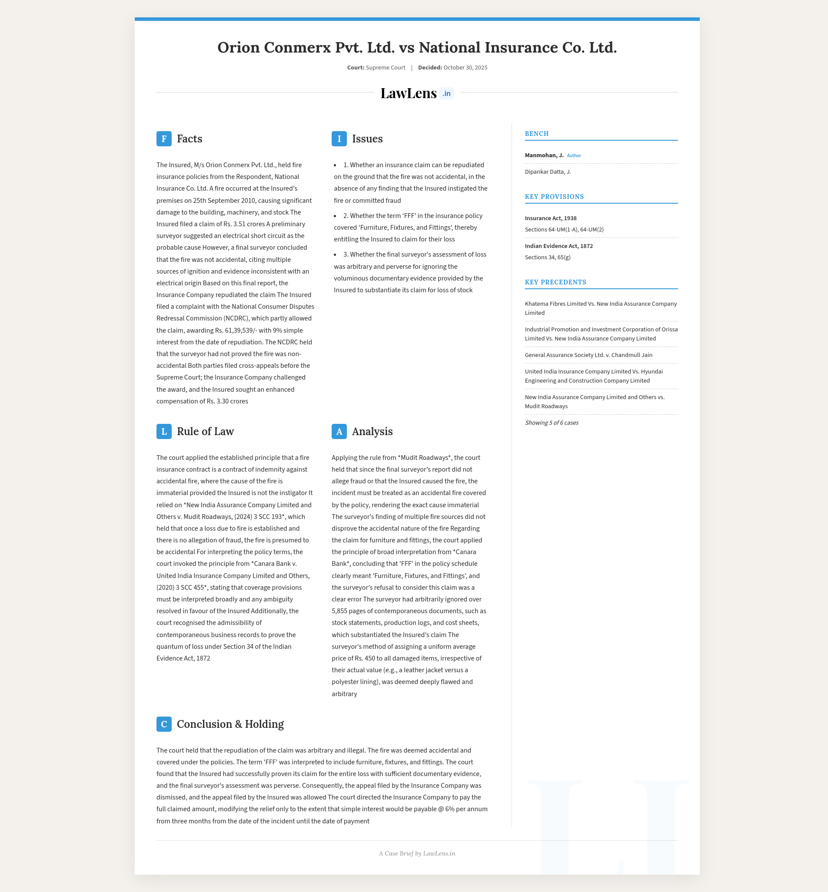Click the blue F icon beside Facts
coord(164,139)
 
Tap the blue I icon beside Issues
coord(339,139)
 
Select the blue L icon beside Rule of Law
coord(164,432)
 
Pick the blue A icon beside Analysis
coord(339,432)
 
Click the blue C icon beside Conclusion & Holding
coord(164,724)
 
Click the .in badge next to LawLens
coord(446,93)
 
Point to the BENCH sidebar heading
coord(537,134)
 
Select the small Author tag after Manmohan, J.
coord(574,156)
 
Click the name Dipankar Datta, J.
coord(548,172)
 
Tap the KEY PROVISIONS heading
coord(554,196)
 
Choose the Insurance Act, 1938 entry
coord(551,218)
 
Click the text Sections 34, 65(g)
coord(548,258)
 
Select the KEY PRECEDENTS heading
coord(555,282)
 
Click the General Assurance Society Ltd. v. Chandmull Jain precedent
coord(588,355)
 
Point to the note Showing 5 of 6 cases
coord(552,423)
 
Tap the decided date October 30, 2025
coord(465,68)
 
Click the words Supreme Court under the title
coord(386,68)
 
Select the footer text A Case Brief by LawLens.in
coord(417,853)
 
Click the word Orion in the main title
coord(239,47)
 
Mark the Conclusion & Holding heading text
coord(230,724)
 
